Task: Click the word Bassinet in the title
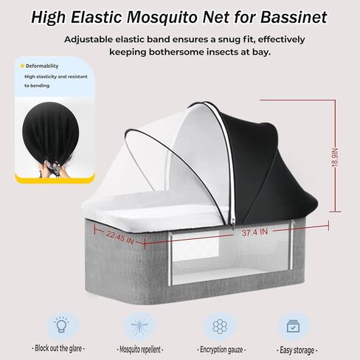pos(294,17)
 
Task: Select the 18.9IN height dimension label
pos(335,158)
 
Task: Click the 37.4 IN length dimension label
pos(255,232)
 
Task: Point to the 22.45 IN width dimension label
pos(120,238)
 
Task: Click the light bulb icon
pos(61,325)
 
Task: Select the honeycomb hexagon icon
pos(220,327)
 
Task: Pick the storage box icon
pos(293,326)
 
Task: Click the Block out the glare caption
pos(58,348)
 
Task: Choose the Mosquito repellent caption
pos(140,350)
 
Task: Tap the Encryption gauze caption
pos(221,350)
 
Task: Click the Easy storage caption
pos(297,350)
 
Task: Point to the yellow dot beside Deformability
pos(22,66)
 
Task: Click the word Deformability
pos(42,66)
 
